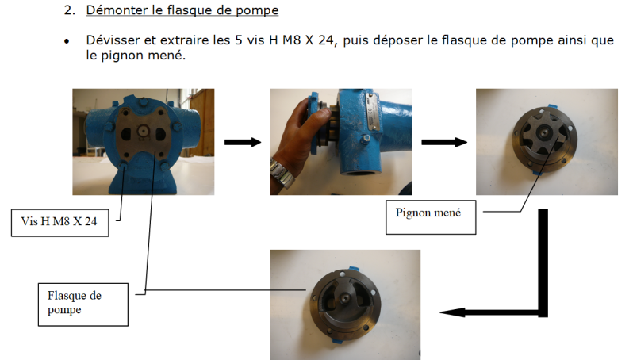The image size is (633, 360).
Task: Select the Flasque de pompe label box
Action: [x=82, y=302]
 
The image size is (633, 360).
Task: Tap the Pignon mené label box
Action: [x=431, y=213]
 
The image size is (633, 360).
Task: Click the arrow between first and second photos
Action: [x=242, y=142]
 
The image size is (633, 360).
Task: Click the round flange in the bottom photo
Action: [x=347, y=301]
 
